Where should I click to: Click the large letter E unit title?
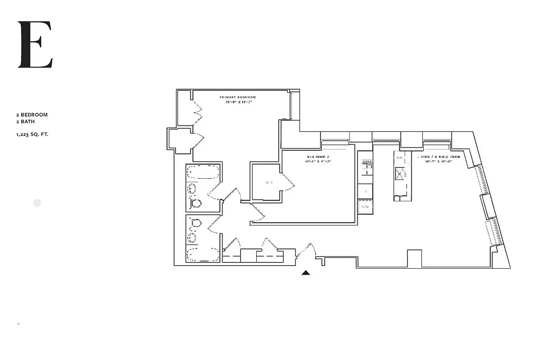[35, 45]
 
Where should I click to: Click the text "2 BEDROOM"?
[32, 115]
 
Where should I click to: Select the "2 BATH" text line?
[26, 121]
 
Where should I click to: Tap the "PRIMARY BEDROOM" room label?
[238, 97]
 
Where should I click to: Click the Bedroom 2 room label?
[318, 157]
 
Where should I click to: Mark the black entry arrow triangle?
[306, 272]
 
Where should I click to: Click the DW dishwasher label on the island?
[399, 158]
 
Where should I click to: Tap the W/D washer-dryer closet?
[365, 207]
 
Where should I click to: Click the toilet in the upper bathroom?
[196, 204]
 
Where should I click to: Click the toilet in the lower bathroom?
[196, 222]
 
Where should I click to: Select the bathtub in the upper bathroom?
[203, 172]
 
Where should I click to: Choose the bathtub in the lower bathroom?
[203, 254]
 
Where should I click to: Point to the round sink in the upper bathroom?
[192, 189]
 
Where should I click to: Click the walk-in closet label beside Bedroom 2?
[269, 182]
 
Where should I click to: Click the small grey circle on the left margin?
[37, 203]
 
